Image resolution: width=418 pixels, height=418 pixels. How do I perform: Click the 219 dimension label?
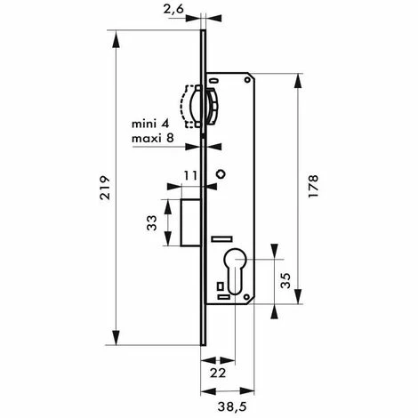point(105,188)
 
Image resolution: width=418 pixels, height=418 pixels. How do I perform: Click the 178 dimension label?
point(313,186)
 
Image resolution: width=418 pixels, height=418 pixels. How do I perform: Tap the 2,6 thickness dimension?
point(173,10)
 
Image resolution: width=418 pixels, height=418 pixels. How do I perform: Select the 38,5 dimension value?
point(232,407)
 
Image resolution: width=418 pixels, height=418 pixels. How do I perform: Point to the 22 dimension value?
point(218,373)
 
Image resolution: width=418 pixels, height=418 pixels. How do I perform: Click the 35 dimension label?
point(285,281)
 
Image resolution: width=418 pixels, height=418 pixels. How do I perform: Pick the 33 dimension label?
point(152,223)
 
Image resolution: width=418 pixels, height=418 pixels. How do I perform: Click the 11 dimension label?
point(190,176)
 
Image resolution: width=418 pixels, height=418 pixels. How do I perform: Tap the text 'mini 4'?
point(150,124)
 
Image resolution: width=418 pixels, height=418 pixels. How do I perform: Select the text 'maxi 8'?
point(153,138)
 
